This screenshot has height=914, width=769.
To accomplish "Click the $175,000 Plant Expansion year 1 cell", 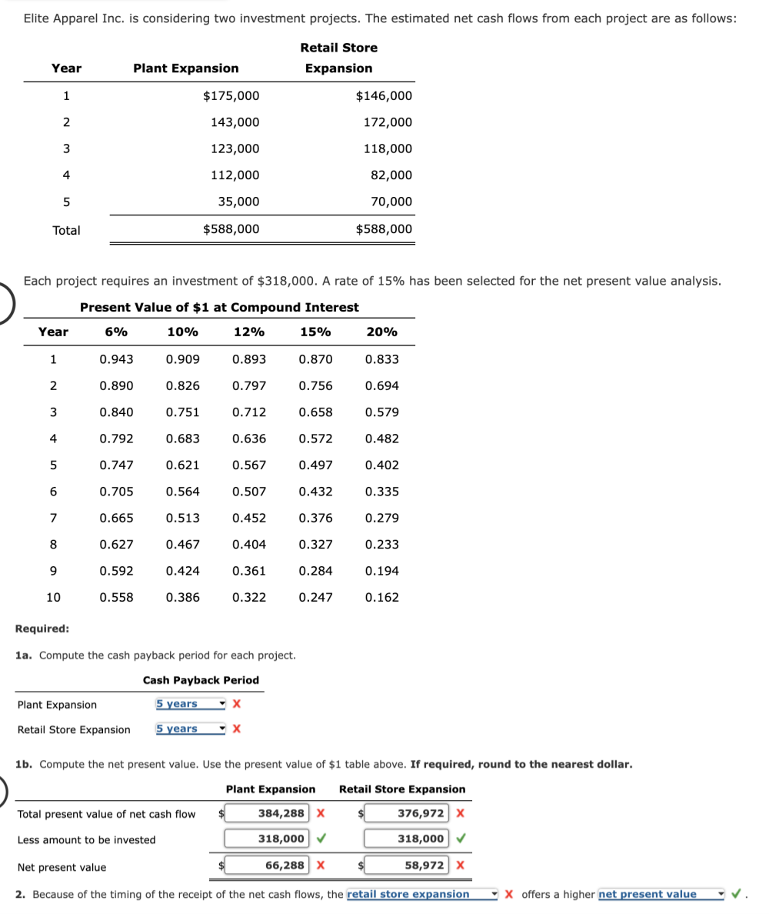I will (x=231, y=96).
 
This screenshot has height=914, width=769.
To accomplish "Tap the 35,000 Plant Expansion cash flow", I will (x=239, y=202).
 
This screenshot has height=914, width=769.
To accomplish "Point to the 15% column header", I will (x=315, y=332).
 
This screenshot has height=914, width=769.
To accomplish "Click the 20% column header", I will (x=382, y=332).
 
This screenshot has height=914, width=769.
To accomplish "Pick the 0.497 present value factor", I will (x=315, y=465).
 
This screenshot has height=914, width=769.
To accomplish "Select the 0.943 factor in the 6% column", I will (x=116, y=359).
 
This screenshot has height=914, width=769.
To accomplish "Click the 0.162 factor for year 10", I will (x=382, y=597).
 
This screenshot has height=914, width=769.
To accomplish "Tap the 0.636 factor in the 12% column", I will (x=249, y=439).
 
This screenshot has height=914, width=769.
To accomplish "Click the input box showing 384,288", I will (x=268, y=814).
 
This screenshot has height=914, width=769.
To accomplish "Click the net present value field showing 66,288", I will (x=268, y=866).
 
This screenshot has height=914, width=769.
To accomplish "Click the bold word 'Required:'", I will (x=42, y=629).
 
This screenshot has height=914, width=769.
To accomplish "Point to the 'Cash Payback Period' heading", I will (x=201, y=680).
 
